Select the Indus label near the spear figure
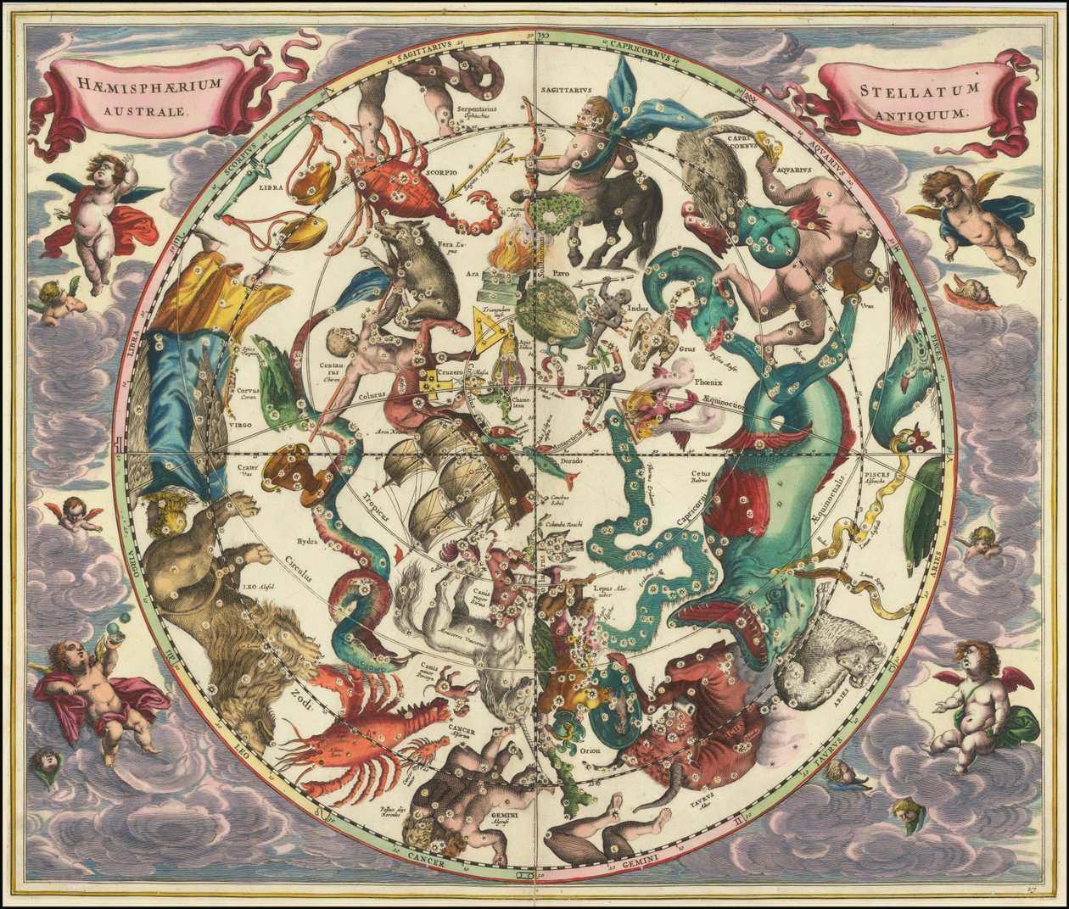[638, 310]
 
